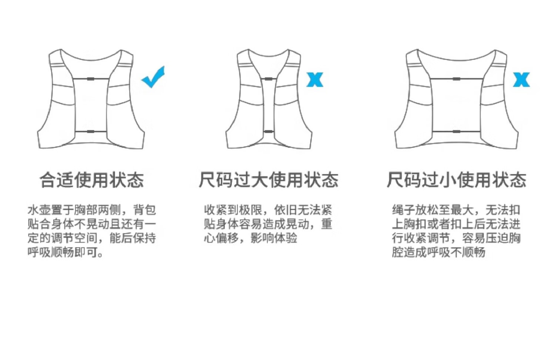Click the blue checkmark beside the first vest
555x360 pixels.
click(x=153, y=77)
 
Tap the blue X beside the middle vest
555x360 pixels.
click(x=315, y=80)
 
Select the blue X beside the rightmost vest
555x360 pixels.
click(x=521, y=80)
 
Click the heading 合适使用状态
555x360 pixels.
click(x=91, y=180)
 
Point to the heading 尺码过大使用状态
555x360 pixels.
click(x=269, y=180)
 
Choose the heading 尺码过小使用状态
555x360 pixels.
click(x=456, y=180)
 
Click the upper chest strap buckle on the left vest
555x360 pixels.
click(x=91, y=79)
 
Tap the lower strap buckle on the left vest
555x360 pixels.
click(x=91, y=131)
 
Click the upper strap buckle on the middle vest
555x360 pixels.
click(x=269, y=79)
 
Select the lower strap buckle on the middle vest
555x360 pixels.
click(x=269, y=131)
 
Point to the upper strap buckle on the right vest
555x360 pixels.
click(x=456, y=79)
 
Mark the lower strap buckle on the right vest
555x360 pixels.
click(x=456, y=131)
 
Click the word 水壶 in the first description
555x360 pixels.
click(x=39, y=210)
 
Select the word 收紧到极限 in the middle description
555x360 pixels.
click(x=233, y=210)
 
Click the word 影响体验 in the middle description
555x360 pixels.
click(x=274, y=238)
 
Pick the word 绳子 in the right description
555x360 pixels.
click(x=404, y=210)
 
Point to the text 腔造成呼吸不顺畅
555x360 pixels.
click(x=438, y=252)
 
